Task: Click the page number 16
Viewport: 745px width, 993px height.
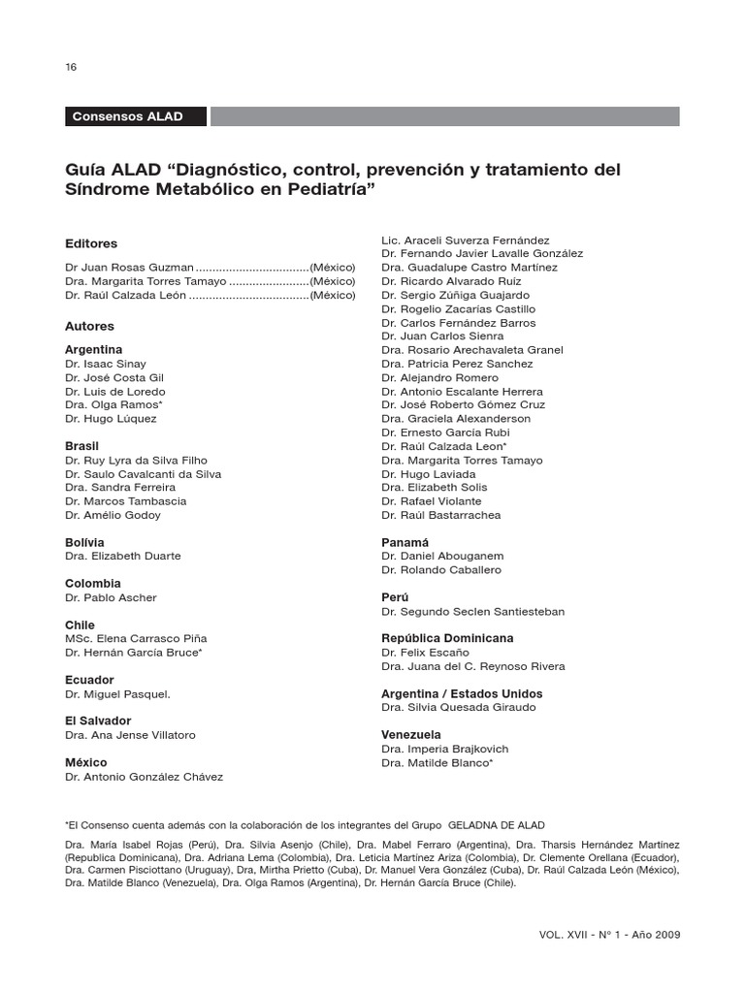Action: coord(70,67)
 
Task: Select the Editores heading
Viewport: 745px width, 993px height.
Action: coord(91,244)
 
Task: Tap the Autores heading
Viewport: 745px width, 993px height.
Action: coord(89,327)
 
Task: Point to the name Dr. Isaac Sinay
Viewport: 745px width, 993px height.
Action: coord(106,364)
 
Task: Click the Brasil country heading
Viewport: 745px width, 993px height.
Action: coord(81,446)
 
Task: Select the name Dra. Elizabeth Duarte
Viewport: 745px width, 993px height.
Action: coord(122,557)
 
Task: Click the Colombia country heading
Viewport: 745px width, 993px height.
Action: coord(93,584)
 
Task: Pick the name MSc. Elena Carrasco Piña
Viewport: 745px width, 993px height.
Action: coord(136,639)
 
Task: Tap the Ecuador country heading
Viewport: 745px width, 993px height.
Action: coord(89,680)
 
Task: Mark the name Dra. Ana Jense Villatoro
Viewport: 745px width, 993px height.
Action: coord(130,735)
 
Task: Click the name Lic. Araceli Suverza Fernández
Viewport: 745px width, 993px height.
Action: coord(466,240)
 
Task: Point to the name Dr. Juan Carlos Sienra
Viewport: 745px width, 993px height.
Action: coord(442,336)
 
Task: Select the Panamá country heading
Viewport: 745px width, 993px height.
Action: coord(405,543)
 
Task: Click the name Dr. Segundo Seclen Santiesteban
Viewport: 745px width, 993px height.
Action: coord(472,612)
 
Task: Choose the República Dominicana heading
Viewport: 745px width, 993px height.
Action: coord(447,639)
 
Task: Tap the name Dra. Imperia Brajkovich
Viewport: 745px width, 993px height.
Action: coord(444,749)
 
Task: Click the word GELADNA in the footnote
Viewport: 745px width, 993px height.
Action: coord(478,823)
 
